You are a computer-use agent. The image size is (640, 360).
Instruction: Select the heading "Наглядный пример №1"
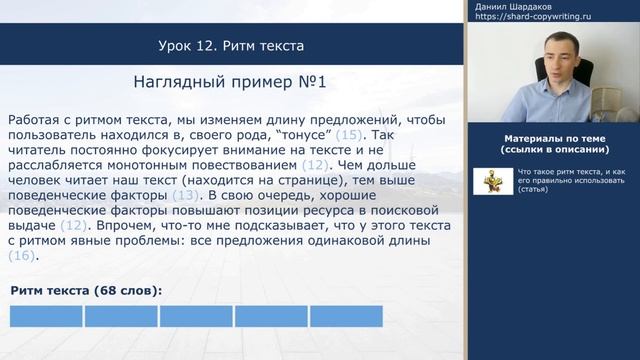point(231,82)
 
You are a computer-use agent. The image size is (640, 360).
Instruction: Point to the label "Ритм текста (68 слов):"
point(86,290)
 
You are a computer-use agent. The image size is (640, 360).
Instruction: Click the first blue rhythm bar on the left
point(46,317)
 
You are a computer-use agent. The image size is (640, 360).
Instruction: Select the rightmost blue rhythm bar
point(346,317)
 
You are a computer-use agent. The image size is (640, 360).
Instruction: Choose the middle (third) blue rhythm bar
point(196,317)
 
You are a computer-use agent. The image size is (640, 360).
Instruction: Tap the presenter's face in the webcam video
point(555,68)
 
